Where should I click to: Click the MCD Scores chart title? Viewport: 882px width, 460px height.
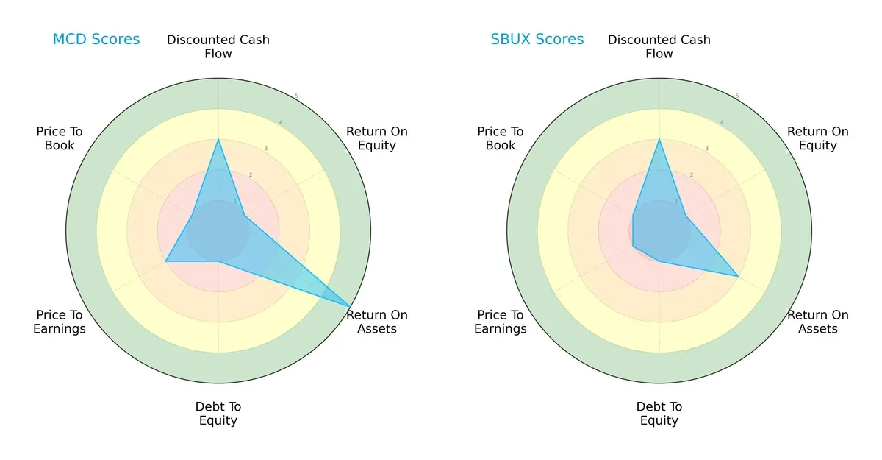(96, 40)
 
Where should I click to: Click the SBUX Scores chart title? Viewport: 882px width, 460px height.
(537, 40)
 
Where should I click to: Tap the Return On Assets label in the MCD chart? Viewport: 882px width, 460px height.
(377, 322)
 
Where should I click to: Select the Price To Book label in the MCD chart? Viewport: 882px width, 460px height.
(60, 138)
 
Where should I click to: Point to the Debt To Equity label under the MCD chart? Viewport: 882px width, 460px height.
(218, 414)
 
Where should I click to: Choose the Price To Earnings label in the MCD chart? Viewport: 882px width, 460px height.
(60, 322)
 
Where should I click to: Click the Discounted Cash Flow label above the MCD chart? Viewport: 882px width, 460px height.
(218, 46)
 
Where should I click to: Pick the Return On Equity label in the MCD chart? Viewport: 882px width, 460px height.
(377, 138)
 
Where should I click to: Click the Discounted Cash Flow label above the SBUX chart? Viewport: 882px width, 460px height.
(659, 46)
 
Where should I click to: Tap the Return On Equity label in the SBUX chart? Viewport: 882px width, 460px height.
(818, 138)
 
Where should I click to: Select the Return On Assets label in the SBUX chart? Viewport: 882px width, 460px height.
(818, 322)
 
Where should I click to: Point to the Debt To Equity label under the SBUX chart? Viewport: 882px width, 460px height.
(659, 414)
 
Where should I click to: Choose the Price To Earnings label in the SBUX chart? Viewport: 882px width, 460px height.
(501, 322)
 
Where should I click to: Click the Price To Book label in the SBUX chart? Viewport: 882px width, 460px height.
(501, 138)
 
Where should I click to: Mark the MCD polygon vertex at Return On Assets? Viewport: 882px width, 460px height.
(350, 306)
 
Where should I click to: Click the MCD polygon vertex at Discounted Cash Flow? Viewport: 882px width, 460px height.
(218, 139)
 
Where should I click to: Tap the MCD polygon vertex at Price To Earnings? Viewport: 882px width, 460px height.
(165, 261)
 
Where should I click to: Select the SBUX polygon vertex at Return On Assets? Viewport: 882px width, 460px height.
(738, 276)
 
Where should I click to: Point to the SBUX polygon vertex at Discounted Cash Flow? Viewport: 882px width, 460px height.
(659, 139)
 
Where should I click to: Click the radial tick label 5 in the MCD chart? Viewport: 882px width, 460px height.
(296, 96)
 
